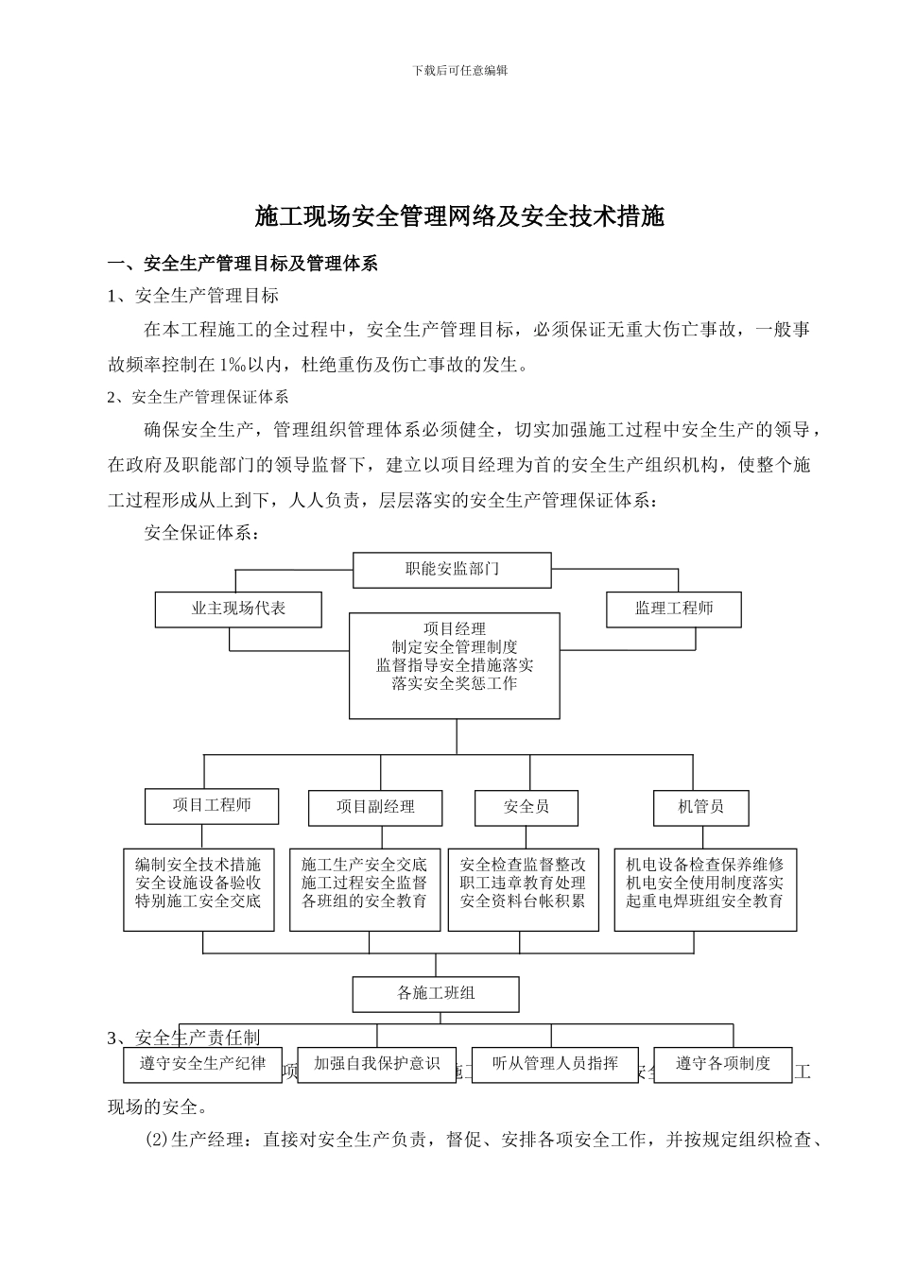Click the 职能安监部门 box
(452, 569)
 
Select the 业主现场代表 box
(238, 609)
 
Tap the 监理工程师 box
(673, 609)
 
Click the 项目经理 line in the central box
(455, 628)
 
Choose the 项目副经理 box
(375, 807)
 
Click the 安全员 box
(527, 807)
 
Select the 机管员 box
(700, 807)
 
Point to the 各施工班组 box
(436, 993)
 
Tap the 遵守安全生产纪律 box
(203, 1063)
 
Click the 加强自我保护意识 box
(377, 1063)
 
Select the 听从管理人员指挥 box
(556, 1063)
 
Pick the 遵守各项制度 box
(723, 1063)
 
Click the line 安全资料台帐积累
(523, 901)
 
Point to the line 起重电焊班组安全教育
(704, 901)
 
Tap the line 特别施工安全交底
(198, 901)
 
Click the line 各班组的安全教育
(364, 901)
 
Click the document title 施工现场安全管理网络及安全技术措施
(459, 216)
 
